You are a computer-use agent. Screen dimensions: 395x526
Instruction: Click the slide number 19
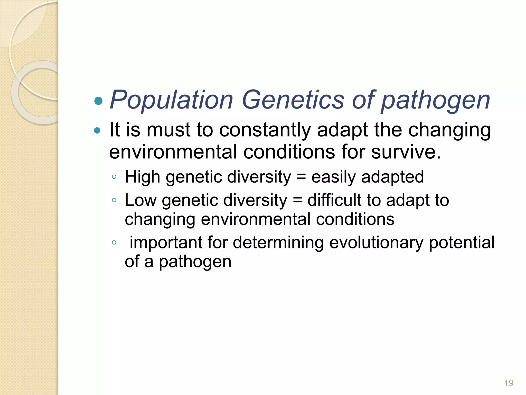[509, 383]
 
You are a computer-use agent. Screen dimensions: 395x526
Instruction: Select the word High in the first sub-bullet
[142, 177]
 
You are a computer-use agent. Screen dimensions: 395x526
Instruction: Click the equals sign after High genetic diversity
[301, 177]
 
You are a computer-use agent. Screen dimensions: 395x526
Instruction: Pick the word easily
[333, 177]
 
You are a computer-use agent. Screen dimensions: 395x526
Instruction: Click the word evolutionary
[376, 243]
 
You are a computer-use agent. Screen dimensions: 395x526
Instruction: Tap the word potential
[462, 243]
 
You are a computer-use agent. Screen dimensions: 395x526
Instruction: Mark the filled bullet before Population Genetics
[98, 101]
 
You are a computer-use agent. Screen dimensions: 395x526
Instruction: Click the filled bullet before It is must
[97, 131]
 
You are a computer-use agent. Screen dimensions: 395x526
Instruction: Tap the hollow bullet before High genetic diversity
[114, 177]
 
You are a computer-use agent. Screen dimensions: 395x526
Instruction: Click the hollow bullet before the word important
[114, 242]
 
